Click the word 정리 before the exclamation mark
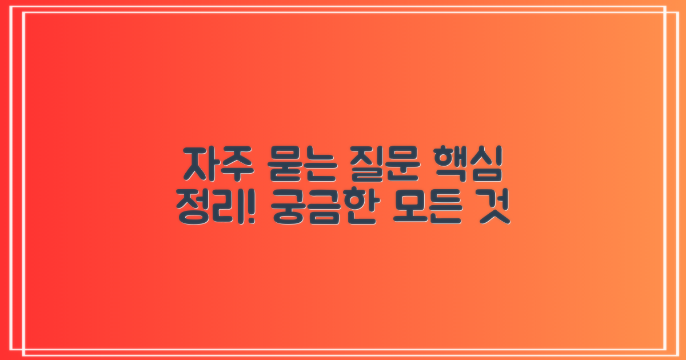(205, 209)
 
